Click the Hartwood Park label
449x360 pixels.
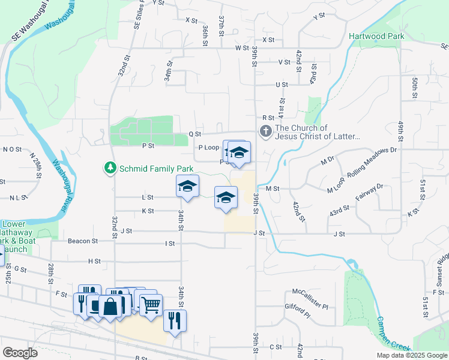point(376,36)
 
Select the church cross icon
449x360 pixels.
point(265,130)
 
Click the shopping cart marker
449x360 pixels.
point(151,305)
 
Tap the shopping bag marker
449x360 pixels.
point(112,307)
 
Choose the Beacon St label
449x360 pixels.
point(82,241)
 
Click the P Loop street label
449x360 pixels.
point(208,148)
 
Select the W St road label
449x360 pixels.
point(242,47)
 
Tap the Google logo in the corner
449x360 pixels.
point(20,352)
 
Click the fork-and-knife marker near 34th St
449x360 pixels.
point(175,320)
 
